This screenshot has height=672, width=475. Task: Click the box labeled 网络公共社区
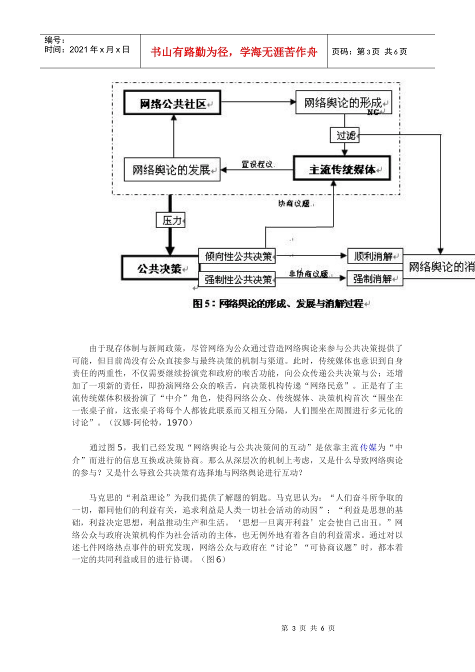click(x=172, y=103)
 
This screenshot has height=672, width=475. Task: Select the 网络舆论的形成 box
click(x=343, y=102)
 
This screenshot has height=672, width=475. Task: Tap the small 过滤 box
click(x=345, y=135)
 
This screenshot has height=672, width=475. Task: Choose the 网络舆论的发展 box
click(x=172, y=169)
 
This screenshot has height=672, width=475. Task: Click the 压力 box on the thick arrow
click(x=170, y=220)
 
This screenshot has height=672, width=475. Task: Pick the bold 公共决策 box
click(x=159, y=268)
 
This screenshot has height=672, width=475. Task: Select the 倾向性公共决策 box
click(x=237, y=256)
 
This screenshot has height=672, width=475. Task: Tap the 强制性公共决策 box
click(x=237, y=279)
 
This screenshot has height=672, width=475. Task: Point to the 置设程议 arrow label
click(x=257, y=164)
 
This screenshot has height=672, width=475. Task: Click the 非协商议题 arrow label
click(x=308, y=273)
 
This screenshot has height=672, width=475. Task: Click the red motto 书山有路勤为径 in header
click(x=233, y=52)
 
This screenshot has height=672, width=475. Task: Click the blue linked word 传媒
click(x=368, y=447)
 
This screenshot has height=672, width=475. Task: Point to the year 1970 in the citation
click(x=177, y=422)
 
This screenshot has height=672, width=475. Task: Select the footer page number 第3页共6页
click(x=308, y=628)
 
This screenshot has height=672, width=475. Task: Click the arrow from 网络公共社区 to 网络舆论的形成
click(x=258, y=102)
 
